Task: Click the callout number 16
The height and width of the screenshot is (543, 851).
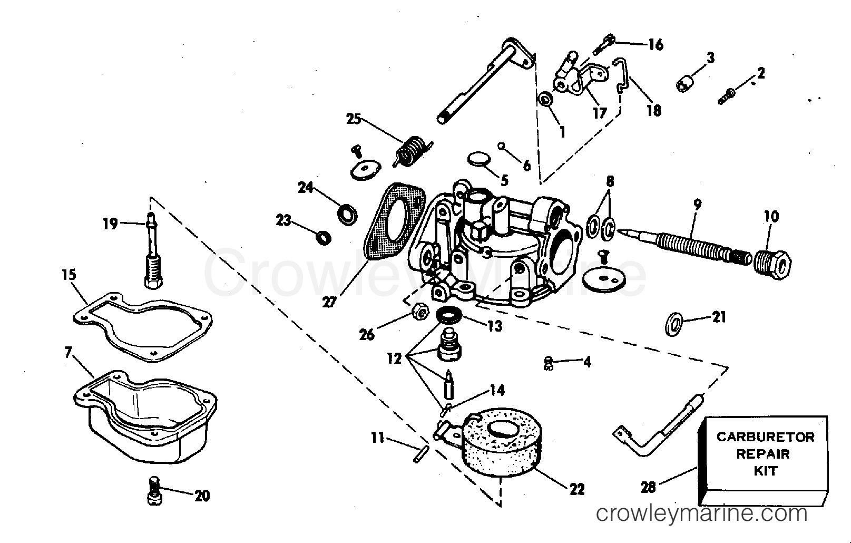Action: click(655, 45)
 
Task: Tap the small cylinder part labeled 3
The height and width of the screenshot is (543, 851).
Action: click(685, 84)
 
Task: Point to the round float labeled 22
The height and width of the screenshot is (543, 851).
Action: click(502, 443)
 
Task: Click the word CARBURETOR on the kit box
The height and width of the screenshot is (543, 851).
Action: click(766, 437)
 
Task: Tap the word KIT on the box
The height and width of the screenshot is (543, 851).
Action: click(766, 471)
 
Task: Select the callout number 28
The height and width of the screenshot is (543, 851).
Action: click(648, 487)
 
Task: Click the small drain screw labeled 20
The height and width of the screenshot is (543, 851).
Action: click(154, 490)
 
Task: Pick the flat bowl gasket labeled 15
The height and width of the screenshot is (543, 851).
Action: click(142, 327)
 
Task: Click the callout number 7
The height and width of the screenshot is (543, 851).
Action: click(68, 353)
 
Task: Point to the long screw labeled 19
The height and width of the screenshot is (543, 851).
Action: click(153, 250)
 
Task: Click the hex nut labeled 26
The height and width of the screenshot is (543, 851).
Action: click(420, 312)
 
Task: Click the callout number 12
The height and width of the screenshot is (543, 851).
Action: click(394, 358)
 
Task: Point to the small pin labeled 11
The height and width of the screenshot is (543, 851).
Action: click(420, 454)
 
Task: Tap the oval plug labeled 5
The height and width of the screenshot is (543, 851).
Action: click(479, 159)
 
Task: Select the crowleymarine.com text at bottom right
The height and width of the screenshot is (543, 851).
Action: click(702, 513)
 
